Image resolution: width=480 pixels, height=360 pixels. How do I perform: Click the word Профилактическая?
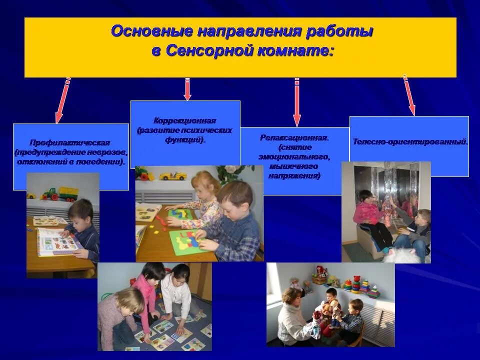69,142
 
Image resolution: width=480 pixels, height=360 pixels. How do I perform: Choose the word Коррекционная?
185,121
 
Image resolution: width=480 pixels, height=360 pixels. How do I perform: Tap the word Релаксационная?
294,137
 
